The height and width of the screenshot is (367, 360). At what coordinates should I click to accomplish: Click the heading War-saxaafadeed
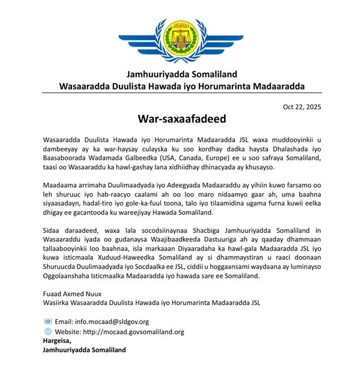coord(180,119)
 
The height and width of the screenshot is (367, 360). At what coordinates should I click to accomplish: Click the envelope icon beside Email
coord(47,322)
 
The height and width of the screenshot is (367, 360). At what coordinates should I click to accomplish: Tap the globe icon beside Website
coord(47,332)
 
